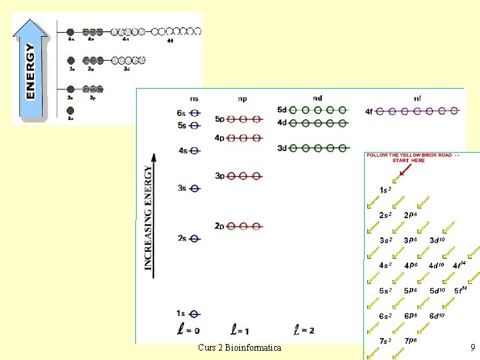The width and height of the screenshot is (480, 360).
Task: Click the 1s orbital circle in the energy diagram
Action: pos(195,313)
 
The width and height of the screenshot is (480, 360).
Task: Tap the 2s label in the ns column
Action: pos(181,238)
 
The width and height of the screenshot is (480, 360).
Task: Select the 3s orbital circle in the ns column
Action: pos(195,189)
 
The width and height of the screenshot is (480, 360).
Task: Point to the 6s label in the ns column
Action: pos(181,114)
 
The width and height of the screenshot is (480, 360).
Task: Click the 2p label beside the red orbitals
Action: pos(219,226)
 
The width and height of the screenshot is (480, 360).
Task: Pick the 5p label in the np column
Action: pos(219,119)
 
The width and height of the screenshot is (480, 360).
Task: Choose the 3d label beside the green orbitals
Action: pos(282,148)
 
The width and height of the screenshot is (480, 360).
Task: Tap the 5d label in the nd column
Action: pos(282,109)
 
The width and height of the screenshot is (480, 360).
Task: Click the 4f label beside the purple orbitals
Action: pos(369,111)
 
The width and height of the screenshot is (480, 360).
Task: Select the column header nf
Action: pos(417,99)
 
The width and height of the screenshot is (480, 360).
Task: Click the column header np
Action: pos(241,99)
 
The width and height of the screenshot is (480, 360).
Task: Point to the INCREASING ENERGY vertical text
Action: pos(149,217)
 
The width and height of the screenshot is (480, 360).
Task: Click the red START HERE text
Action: pos(409,161)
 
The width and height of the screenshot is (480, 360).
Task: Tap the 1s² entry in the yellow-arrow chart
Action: pos(385,190)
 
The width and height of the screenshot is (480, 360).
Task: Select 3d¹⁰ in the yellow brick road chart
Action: pos(437,240)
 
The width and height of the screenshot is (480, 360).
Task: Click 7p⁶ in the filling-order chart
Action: pos(411,341)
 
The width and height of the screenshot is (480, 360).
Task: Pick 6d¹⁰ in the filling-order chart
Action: pos(437,316)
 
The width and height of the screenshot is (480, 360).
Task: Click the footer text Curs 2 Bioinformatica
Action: pos(239,347)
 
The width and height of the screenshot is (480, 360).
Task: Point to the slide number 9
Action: pos(471,347)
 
